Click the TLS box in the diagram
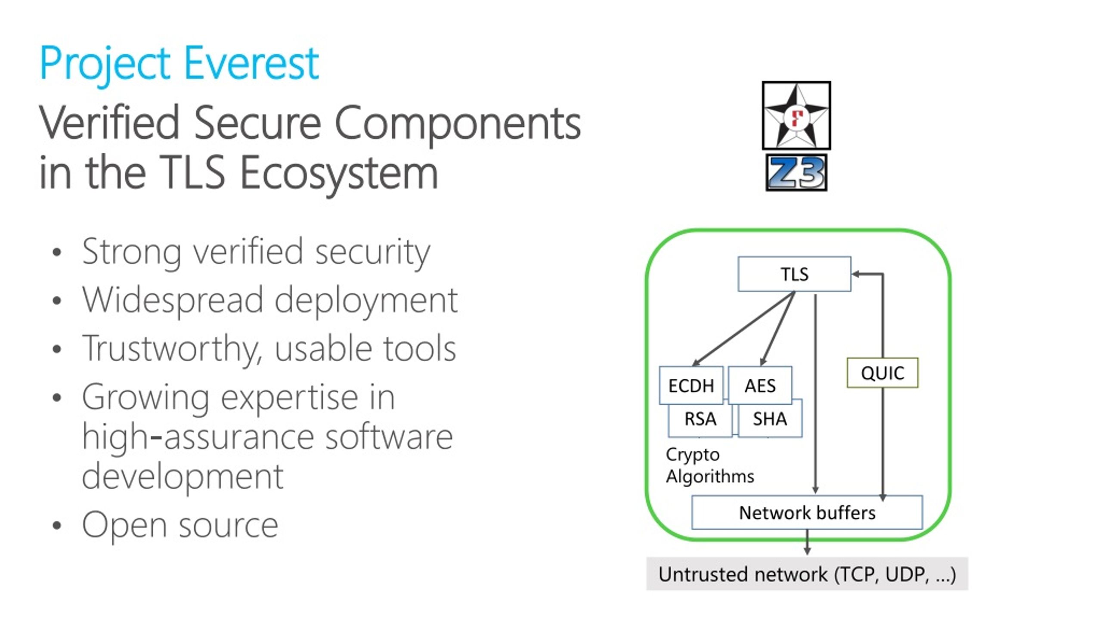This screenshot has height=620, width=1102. [x=794, y=274]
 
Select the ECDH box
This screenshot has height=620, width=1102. [x=691, y=385]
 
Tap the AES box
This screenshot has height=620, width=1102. [x=760, y=385]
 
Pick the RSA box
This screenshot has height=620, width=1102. [x=700, y=418]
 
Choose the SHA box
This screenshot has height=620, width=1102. [x=770, y=418]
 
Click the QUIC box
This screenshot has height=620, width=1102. [x=882, y=372]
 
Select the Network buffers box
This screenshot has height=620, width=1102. [x=807, y=512]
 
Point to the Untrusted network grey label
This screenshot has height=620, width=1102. [x=807, y=573]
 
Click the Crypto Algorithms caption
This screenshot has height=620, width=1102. [x=710, y=465]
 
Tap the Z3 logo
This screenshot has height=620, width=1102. [x=796, y=172]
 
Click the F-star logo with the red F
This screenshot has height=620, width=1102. [x=796, y=115]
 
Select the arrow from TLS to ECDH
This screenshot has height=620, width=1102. [x=743, y=329]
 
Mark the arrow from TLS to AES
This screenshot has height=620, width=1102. [x=777, y=329]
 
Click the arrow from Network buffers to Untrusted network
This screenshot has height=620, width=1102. [x=807, y=542]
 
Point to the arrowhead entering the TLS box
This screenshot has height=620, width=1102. [x=856, y=274]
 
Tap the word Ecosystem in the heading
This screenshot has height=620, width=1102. [x=339, y=172]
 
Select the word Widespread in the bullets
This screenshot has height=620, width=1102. [x=173, y=300]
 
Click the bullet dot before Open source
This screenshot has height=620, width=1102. [x=57, y=525]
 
